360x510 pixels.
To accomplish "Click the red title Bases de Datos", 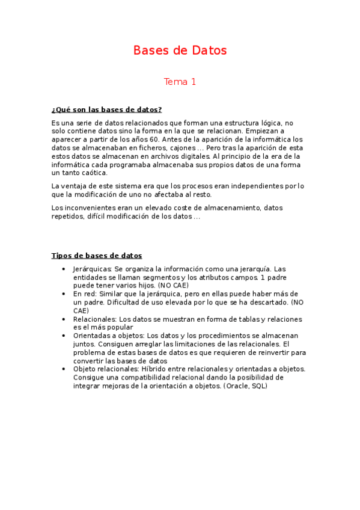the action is (180, 51).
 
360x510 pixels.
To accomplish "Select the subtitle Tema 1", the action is (180, 82).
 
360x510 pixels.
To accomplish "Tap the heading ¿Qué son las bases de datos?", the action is (107, 109).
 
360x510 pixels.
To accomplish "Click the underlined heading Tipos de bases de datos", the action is (97, 256).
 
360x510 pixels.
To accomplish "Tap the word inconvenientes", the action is (90, 207).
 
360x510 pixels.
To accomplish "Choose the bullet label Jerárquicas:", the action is (92, 269).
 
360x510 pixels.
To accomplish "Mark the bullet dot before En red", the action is (64, 293).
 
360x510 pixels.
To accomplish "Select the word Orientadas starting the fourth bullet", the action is (93, 336).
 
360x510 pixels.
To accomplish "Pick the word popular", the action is (117, 327).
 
